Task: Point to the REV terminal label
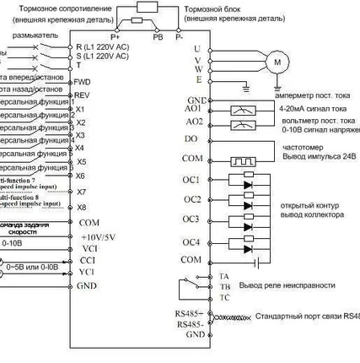[x=82, y=95]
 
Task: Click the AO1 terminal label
[x=193, y=110]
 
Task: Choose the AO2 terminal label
[x=193, y=123]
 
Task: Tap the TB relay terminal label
[x=199, y=287]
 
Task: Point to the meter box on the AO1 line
[x=242, y=111]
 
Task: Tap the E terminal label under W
[x=197, y=80]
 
